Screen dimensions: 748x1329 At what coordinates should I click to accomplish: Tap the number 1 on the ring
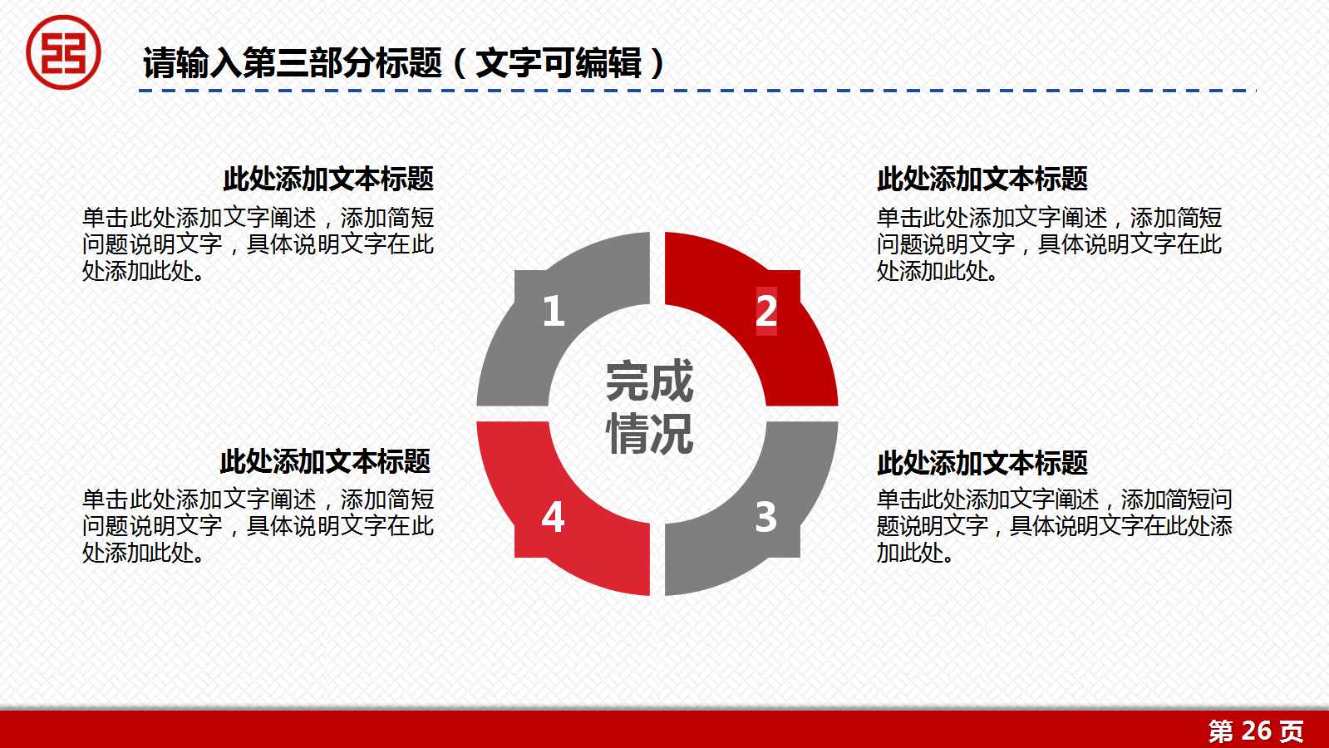click(x=553, y=311)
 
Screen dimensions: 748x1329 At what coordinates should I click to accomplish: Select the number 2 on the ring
click(x=766, y=311)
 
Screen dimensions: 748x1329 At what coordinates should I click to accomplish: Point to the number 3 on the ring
click(x=765, y=517)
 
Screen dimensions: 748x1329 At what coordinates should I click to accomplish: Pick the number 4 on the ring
click(x=553, y=517)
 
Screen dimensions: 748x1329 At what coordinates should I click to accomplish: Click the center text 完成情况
click(x=649, y=407)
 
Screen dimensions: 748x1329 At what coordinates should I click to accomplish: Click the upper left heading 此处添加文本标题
click(x=328, y=179)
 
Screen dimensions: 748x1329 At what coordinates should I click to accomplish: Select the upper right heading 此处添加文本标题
click(x=982, y=179)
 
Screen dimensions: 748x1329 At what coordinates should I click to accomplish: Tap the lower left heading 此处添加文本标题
click(x=325, y=461)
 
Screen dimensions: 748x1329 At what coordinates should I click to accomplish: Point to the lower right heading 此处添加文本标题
click(x=982, y=463)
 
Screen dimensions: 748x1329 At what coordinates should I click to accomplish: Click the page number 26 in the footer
click(x=1256, y=731)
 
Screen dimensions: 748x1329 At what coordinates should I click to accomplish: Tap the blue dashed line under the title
click(x=698, y=90)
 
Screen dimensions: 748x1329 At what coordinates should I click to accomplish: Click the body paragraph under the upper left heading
click(x=258, y=244)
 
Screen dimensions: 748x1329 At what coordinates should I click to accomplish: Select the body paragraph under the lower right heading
click(x=1054, y=525)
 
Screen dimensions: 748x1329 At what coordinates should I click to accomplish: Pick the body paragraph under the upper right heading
click(x=1049, y=244)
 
